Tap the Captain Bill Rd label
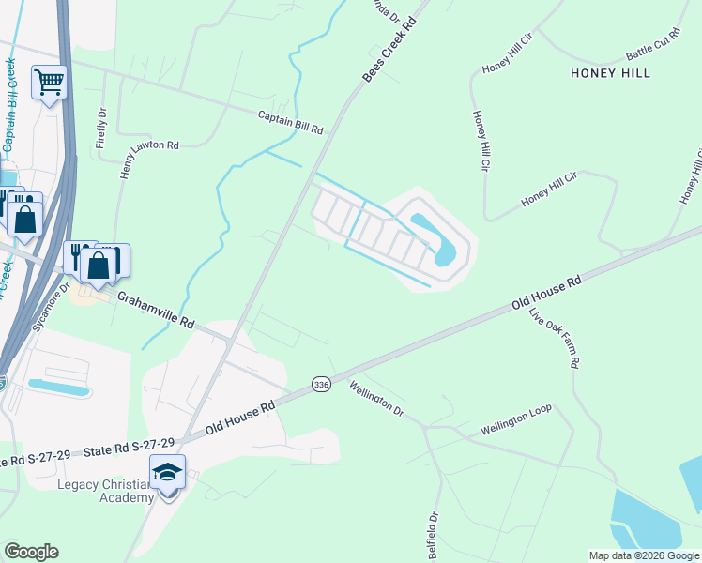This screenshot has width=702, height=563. tap(291, 122)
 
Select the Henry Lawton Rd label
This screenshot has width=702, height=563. tap(149, 145)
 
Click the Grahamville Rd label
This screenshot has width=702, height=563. tap(155, 309)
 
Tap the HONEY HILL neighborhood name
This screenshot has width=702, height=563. tap(610, 72)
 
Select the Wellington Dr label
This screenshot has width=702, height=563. tap(376, 399)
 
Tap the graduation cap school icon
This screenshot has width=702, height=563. tap(168, 471)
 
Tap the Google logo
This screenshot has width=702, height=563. tap(31, 552)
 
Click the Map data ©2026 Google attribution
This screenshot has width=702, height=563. tap(644, 555)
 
